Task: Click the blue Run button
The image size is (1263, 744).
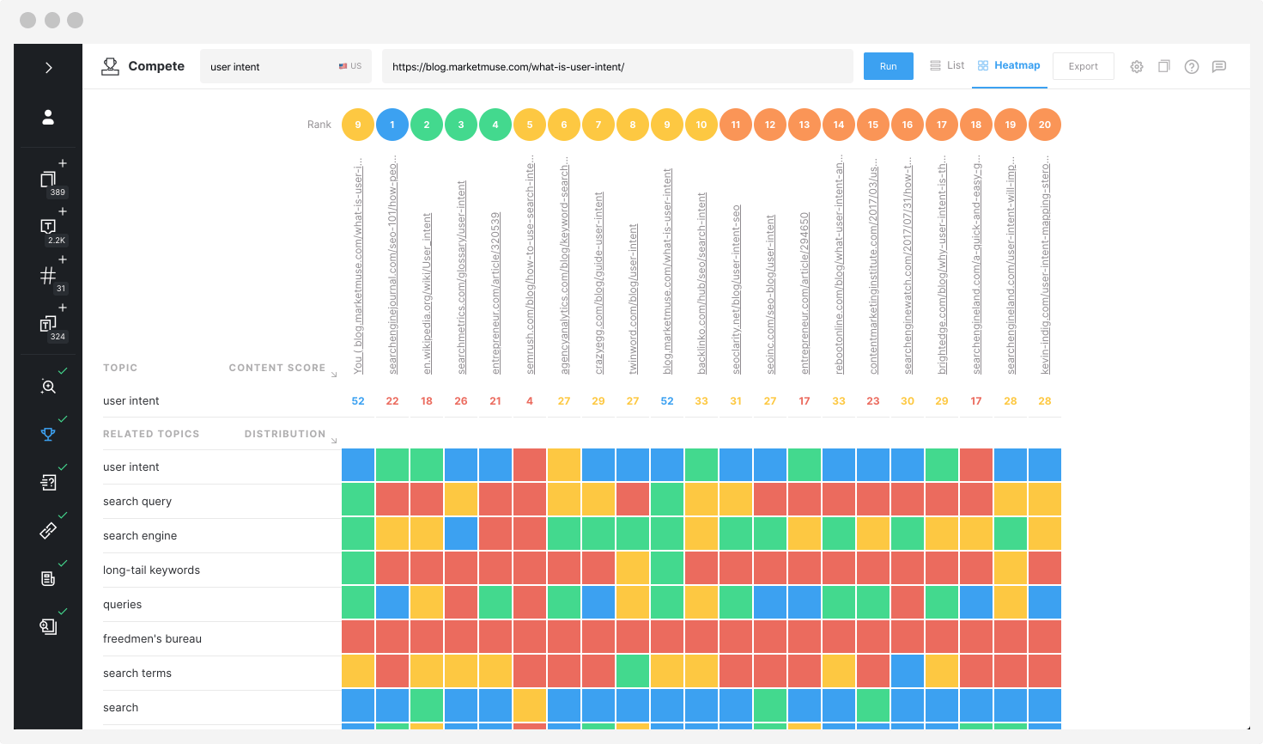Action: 888,66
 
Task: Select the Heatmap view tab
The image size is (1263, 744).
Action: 1010,65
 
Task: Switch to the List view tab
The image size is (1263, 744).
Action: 947,65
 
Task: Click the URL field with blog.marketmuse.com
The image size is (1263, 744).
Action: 616,66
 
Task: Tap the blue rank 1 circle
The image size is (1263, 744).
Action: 392,125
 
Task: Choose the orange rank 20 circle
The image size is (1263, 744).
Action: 1045,125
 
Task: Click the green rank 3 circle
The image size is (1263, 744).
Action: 461,125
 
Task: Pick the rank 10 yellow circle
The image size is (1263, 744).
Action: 701,125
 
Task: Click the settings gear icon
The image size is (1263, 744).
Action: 1137,66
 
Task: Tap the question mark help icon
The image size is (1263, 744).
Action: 1192,66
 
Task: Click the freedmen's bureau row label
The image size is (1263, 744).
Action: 152,638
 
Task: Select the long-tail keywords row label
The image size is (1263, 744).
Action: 151,570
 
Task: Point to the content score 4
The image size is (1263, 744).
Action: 530,401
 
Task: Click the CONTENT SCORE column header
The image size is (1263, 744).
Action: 276,368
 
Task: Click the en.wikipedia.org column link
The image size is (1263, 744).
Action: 427,292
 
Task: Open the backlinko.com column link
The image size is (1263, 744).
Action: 701,284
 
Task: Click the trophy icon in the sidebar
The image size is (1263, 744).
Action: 48,435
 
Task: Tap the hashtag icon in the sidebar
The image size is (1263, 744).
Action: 48,276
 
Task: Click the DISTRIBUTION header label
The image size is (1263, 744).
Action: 284,434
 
